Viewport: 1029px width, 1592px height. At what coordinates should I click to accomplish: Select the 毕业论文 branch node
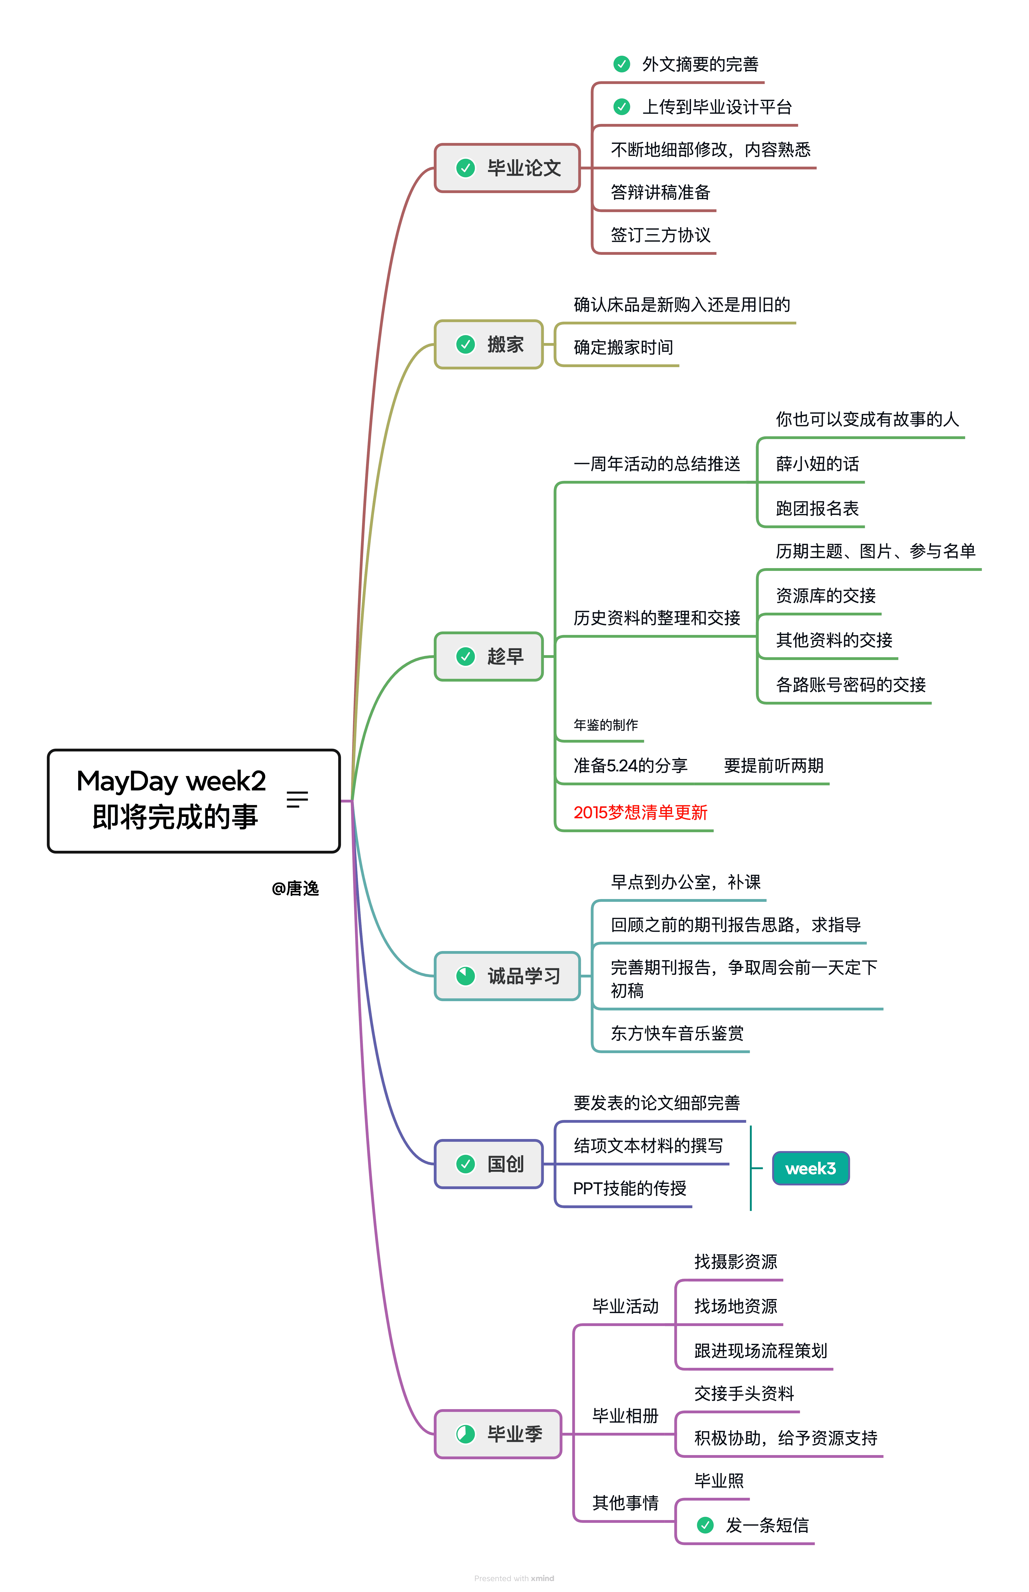[x=508, y=168]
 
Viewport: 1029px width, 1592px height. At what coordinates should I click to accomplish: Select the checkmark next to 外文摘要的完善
[x=621, y=64]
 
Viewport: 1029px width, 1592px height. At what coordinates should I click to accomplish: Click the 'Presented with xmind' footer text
[x=514, y=1578]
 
